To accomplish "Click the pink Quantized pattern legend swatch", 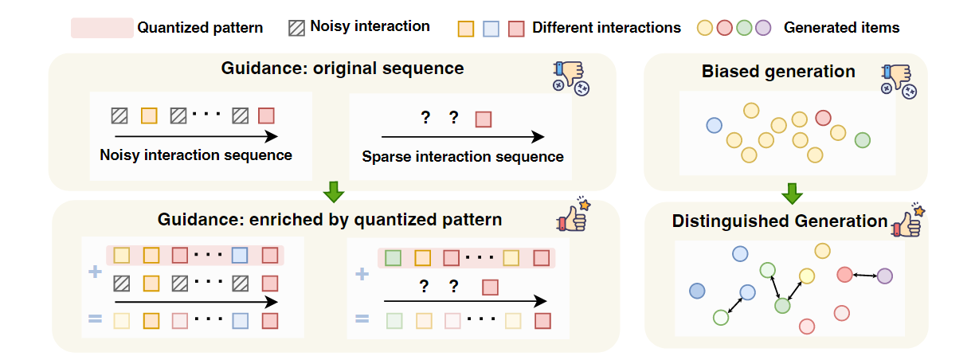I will pos(102,27).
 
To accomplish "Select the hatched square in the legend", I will pos(296,27).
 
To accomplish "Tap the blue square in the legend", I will pos(491,28).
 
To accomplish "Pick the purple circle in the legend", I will pos(763,28).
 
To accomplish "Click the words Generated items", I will pos(841,28).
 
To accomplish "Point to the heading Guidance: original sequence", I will pos(343,68).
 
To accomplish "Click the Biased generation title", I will pos(778,72).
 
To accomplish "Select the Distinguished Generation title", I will pos(780,221).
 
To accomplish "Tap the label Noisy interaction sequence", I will pos(196,155).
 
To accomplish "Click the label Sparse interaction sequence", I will pos(463,156).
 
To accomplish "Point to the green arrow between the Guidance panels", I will pos(335,192).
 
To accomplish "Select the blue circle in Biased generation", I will pos(715,125).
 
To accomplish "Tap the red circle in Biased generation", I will pos(823,117).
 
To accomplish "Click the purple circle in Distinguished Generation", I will pos(884,276).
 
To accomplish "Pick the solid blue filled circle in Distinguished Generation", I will pos(698,291).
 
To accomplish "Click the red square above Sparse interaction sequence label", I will pos(483,119).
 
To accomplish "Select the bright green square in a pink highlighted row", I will pos(392,258).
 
